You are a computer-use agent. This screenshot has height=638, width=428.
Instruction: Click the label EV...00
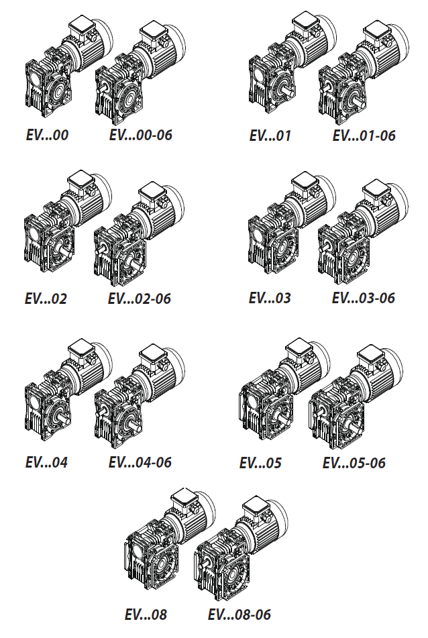(x=47, y=135)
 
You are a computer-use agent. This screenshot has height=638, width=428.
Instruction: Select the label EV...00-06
(x=140, y=135)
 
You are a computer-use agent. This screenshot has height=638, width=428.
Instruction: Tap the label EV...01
(x=270, y=136)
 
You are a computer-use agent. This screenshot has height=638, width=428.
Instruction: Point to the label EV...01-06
(x=364, y=136)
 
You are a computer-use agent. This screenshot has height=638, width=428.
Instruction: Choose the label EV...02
(x=46, y=299)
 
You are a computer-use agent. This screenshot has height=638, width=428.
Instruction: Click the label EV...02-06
(x=139, y=299)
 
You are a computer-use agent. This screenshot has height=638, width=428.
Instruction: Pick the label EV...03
(x=270, y=298)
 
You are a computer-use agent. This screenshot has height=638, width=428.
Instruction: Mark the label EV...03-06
(x=364, y=298)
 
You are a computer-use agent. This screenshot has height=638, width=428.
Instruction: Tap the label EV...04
(x=46, y=462)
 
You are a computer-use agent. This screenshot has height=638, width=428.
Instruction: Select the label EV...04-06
(x=140, y=462)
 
